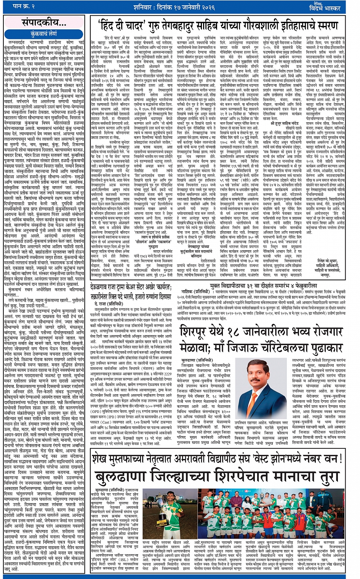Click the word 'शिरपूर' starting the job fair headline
[198, 331]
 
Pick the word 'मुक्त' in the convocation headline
[220, 284]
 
